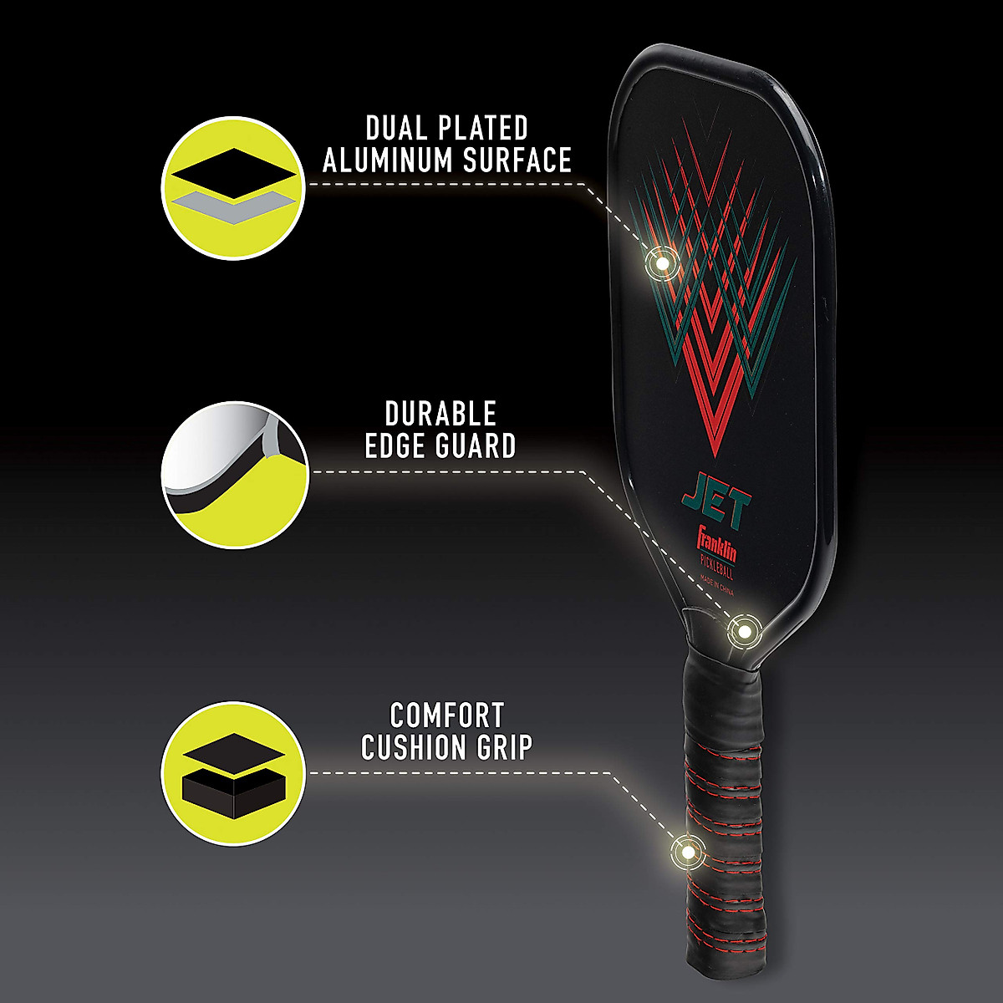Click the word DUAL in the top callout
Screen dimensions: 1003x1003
[397, 129]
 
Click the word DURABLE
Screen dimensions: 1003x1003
[440, 414]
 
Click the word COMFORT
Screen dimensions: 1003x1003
[447, 715]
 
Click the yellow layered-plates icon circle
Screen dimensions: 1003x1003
[233, 187]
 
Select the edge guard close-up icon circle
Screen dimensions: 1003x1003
[233, 475]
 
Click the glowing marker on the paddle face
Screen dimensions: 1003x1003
[662, 263]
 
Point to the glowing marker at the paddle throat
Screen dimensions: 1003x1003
[742, 631]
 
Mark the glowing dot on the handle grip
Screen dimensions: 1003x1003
[687, 853]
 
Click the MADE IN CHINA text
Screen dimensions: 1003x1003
[717, 588]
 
